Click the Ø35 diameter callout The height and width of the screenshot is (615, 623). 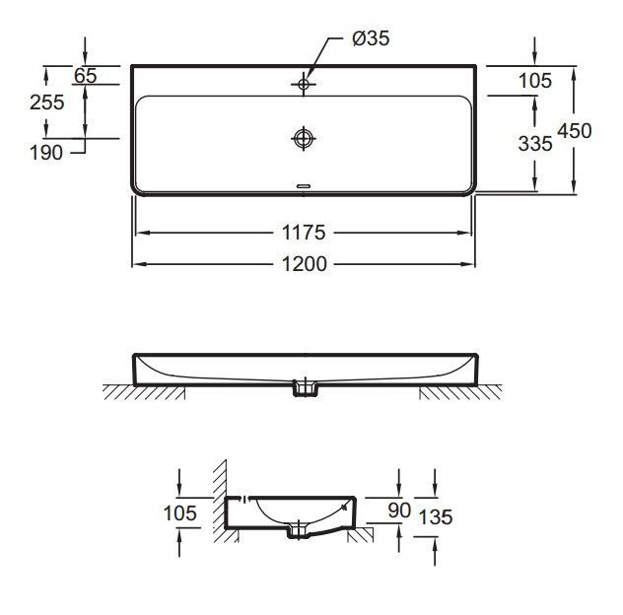371,39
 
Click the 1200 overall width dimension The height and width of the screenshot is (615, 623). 305,264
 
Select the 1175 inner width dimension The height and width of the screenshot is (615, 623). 304,233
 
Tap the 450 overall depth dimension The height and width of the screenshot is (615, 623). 575,131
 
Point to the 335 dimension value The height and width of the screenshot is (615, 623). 535,144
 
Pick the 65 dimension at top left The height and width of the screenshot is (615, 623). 86,76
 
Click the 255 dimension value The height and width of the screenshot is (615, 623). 47,102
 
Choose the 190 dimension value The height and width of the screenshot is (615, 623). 46,153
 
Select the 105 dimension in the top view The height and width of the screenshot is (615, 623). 535,81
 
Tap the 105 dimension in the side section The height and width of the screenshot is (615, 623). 180,512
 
